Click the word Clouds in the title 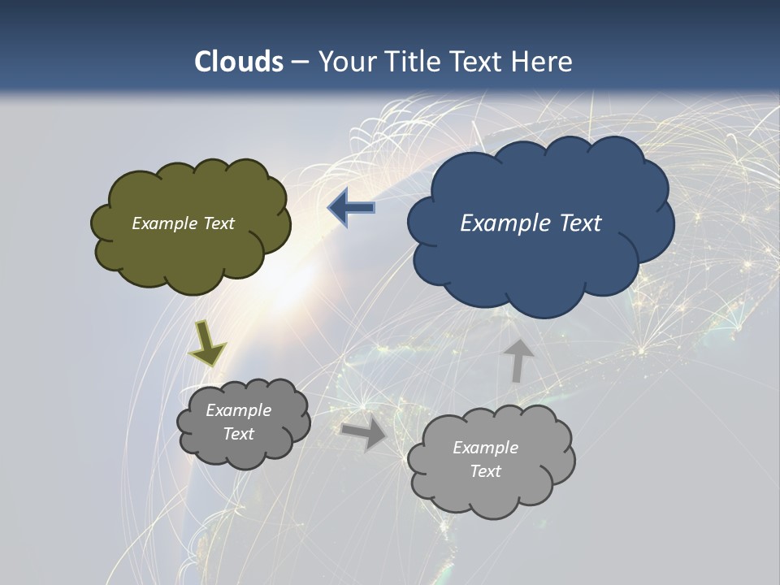(x=239, y=62)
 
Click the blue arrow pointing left (x=351, y=209)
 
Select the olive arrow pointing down (x=207, y=344)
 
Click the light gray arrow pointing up (x=518, y=359)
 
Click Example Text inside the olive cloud (x=183, y=223)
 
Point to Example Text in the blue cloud (x=531, y=223)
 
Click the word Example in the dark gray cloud (x=238, y=410)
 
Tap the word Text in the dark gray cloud (x=238, y=434)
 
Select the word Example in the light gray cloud (x=485, y=448)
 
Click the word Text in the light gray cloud (x=485, y=471)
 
